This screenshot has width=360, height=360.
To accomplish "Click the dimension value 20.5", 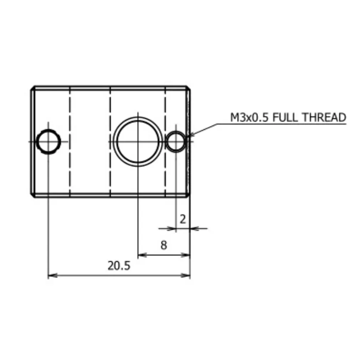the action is tap(119, 266).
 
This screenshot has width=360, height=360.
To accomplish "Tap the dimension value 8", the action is tap(164, 245).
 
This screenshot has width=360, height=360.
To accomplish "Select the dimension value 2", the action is tap(183, 219).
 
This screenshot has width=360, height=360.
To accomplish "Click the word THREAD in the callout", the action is tap(324, 117).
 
